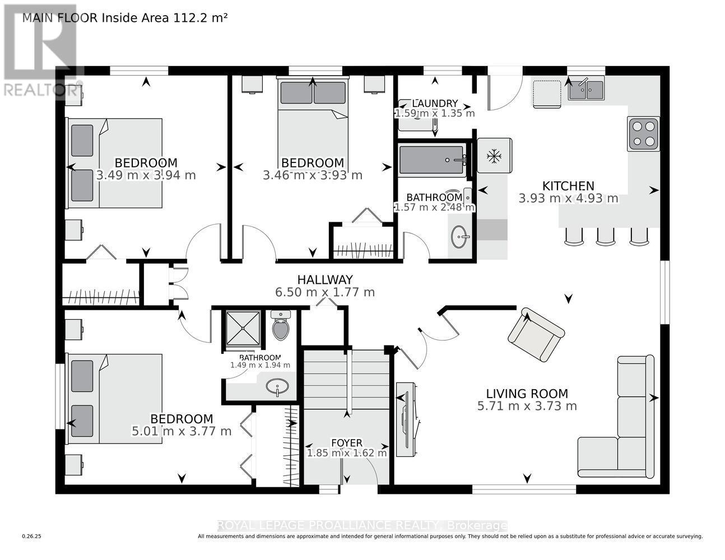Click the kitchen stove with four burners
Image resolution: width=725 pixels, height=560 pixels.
click(643, 134)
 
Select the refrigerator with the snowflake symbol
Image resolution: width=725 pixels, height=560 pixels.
click(494, 156)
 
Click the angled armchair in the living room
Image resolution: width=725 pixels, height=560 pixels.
click(536, 334)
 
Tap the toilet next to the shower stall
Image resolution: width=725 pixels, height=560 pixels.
click(281, 326)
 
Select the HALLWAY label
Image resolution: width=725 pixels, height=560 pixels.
click(325, 279)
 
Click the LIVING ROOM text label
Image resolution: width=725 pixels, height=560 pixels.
click(527, 394)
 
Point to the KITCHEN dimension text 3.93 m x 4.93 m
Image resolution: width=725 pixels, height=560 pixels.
click(568, 198)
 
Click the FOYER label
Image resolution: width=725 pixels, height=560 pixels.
click(346, 443)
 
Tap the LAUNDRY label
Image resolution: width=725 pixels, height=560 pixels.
click(435, 104)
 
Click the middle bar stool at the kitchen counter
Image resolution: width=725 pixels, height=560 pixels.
click(606, 237)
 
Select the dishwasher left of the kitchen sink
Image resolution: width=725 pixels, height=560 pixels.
click(546, 94)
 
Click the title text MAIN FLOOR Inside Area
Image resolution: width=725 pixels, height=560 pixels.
click(124, 17)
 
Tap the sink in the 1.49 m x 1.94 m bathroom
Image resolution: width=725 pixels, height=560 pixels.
click(277, 386)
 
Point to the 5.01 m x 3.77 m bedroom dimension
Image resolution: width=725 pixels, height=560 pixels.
click(181, 431)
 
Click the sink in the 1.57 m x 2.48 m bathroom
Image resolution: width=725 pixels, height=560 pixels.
click(461, 237)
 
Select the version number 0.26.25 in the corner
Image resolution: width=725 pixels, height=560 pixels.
click(32, 536)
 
